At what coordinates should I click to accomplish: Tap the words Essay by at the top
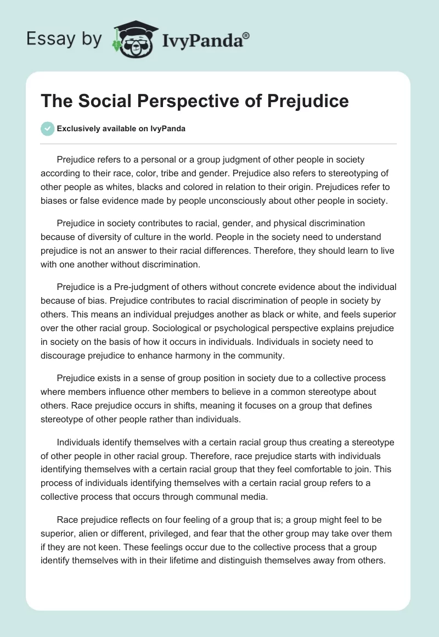click(63, 40)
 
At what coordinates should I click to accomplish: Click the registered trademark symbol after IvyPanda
click(246, 36)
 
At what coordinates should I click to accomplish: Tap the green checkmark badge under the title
click(47, 128)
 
